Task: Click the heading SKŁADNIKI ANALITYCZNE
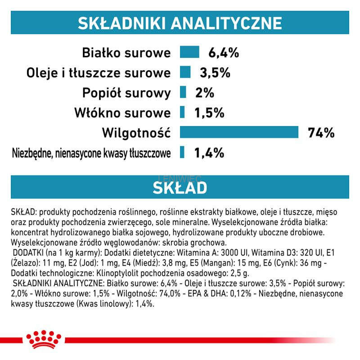click(x=180, y=23)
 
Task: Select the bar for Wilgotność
click(x=239, y=132)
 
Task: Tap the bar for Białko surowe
click(x=189, y=52)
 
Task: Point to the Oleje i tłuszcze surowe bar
click(x=185, y=72)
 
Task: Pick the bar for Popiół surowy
click(x=183, y=93)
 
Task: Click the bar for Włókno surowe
click(x=182, y=112)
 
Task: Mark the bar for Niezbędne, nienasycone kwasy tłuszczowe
click(x=182, y=153)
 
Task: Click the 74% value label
click(x=321, y=133)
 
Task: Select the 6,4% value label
click(x=223, y=53)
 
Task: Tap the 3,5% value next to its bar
click(x=215, y=72)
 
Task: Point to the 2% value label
click(x=205, y=93)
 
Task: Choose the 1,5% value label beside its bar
click(x=209, y=112)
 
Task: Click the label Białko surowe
click(x=126, y=53)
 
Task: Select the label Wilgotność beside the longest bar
click(x=136, y=133)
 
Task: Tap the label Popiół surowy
click(x=126, y=93)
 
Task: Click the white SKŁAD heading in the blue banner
click(x=180, y=187)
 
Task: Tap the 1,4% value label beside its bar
click(x=209, y=153)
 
